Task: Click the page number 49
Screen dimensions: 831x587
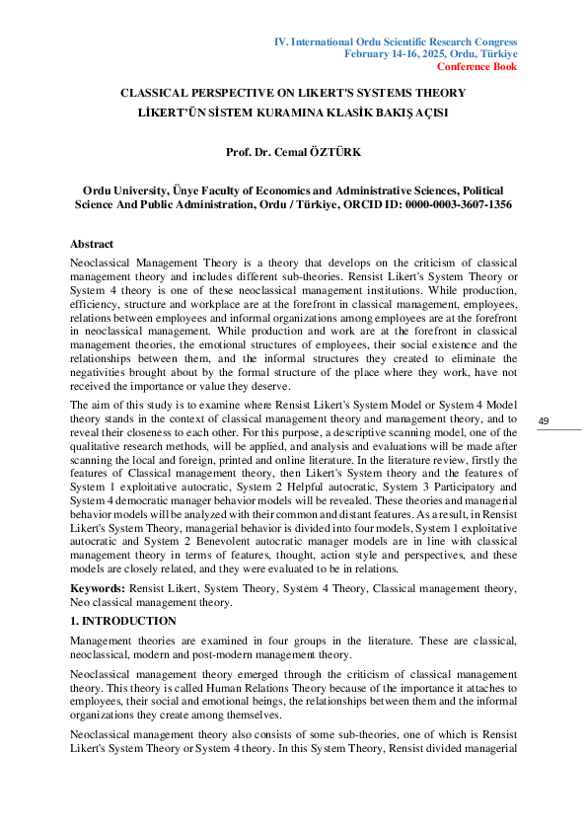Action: pyautogui.click(x=543, y=421)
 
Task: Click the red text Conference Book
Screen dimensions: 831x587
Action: pyautogui.click(x=477, y=67)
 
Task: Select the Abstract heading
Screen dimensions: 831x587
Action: pyautogui.click(x=92, y=244)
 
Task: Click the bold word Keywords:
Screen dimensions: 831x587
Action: pyautogui.click(x=97, y=588)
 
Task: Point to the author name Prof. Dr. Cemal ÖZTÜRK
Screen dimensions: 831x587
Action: pyautogui.click(x=293, y=152)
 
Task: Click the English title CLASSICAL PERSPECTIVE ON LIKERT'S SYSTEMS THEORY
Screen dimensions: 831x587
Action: pyautogui.click(x=293, y=93)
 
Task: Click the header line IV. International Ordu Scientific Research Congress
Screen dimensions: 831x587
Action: pyautogui.click(x=395, y=41)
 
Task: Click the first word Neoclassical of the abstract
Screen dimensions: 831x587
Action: pyautogui.click(x=103, y=265)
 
